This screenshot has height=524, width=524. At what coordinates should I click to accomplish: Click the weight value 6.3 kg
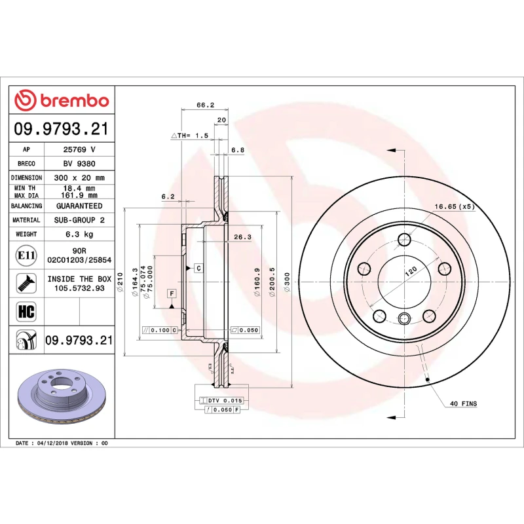point(79,234)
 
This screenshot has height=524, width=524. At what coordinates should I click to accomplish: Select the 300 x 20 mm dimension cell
point(79,178)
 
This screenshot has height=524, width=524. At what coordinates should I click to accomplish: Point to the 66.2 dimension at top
point(206,105)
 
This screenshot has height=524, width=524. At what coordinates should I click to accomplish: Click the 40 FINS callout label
point(464,403)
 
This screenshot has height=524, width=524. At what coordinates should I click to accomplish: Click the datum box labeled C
point(196,268)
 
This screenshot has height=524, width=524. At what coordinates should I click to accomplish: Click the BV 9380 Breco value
point(79,164)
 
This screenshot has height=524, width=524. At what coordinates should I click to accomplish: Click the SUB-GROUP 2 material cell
point(79,220)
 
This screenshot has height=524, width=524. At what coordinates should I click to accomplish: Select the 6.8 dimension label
point(238,150)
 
